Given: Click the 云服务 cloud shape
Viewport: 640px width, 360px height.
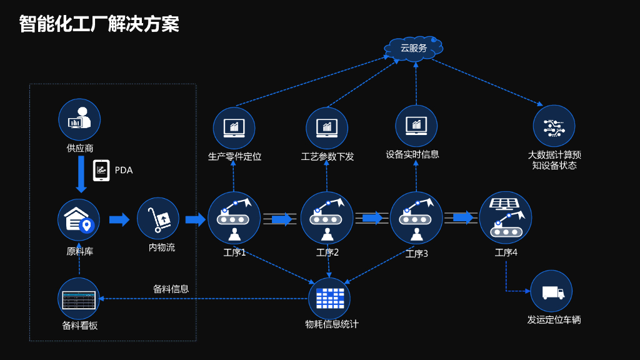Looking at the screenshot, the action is point(414,49).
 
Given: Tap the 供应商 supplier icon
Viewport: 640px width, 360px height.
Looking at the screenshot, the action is point(79,119).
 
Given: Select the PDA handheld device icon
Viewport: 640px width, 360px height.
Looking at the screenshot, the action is point(101,170).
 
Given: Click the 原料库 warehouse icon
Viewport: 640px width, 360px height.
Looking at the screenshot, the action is point(79,220).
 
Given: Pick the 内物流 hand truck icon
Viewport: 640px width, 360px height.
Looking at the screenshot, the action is point(158,218).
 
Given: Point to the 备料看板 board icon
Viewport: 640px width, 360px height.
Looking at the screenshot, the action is point(79,299).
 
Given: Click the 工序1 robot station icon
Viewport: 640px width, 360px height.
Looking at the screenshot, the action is point(234,218).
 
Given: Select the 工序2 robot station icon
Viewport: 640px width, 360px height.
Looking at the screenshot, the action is point(326,218).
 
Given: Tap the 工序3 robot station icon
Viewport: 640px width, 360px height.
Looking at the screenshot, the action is point(416,218).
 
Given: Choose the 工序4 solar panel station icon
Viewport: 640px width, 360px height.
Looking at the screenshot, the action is point(505,218).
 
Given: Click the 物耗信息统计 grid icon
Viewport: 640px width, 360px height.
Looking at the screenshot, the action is point(329,298).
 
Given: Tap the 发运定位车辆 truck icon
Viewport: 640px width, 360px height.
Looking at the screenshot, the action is point(551,291).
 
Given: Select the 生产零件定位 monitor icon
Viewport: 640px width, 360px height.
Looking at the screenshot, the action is point(234,128).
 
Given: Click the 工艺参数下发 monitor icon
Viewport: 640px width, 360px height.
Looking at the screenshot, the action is point(326,128).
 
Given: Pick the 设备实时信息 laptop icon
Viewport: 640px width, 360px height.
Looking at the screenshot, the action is point(416,126).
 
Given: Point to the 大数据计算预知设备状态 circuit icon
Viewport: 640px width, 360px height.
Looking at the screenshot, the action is point(554,126).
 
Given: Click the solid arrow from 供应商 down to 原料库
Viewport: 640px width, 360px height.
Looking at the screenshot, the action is point(81,174).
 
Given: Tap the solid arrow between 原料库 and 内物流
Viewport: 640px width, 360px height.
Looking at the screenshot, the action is point(119,219).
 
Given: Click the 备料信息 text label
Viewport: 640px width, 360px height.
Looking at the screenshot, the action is point(171,289).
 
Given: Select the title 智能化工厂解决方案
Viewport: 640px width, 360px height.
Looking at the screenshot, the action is point(99,24).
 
